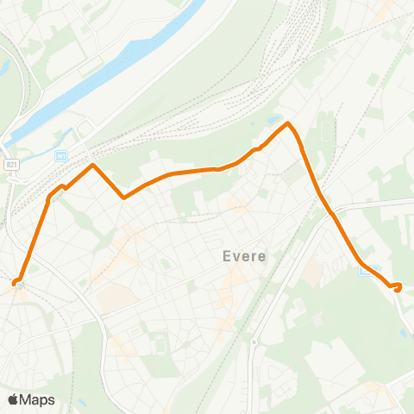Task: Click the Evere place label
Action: click(x=244, y=256)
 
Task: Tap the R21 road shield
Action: click(x=11, y=164)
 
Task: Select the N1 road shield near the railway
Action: click(x=61, y=155)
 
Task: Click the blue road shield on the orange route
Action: click(x=365, y=270)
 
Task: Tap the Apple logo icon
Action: click(x=14, y=399)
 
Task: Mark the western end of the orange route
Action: click(x=15, y=282)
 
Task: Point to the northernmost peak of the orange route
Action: click(x=288, y=123)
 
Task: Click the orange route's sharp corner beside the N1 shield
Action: click(x=91, y=164)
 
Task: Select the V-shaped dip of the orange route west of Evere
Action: click(x=124, y=198)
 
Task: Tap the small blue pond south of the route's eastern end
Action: click(x=405, y=332)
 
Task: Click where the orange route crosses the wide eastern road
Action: click(x=333, y=215)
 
